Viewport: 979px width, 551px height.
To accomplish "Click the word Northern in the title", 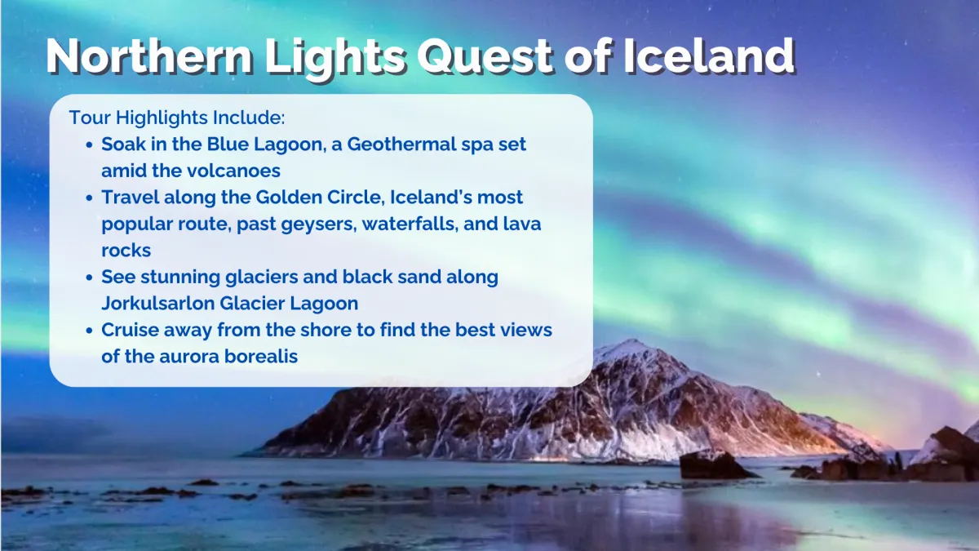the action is pos(149,56).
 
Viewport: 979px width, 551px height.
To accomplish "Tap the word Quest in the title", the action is pos(485,57).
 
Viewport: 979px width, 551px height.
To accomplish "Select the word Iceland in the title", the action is pos(708,56).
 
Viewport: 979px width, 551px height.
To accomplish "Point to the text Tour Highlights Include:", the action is pos(177,118).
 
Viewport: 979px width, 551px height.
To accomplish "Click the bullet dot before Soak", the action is pos(90,144).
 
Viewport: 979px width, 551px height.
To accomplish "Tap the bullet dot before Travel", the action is pos(90,198).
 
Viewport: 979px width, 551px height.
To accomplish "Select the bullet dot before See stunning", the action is pos(90,278).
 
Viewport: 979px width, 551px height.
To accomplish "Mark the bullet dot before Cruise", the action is pos(90,331).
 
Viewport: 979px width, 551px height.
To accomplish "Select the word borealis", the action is pos(261,356).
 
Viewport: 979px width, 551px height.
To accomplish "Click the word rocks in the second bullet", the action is pos(126,251).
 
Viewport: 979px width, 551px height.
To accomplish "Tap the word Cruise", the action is pos(130,330).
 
